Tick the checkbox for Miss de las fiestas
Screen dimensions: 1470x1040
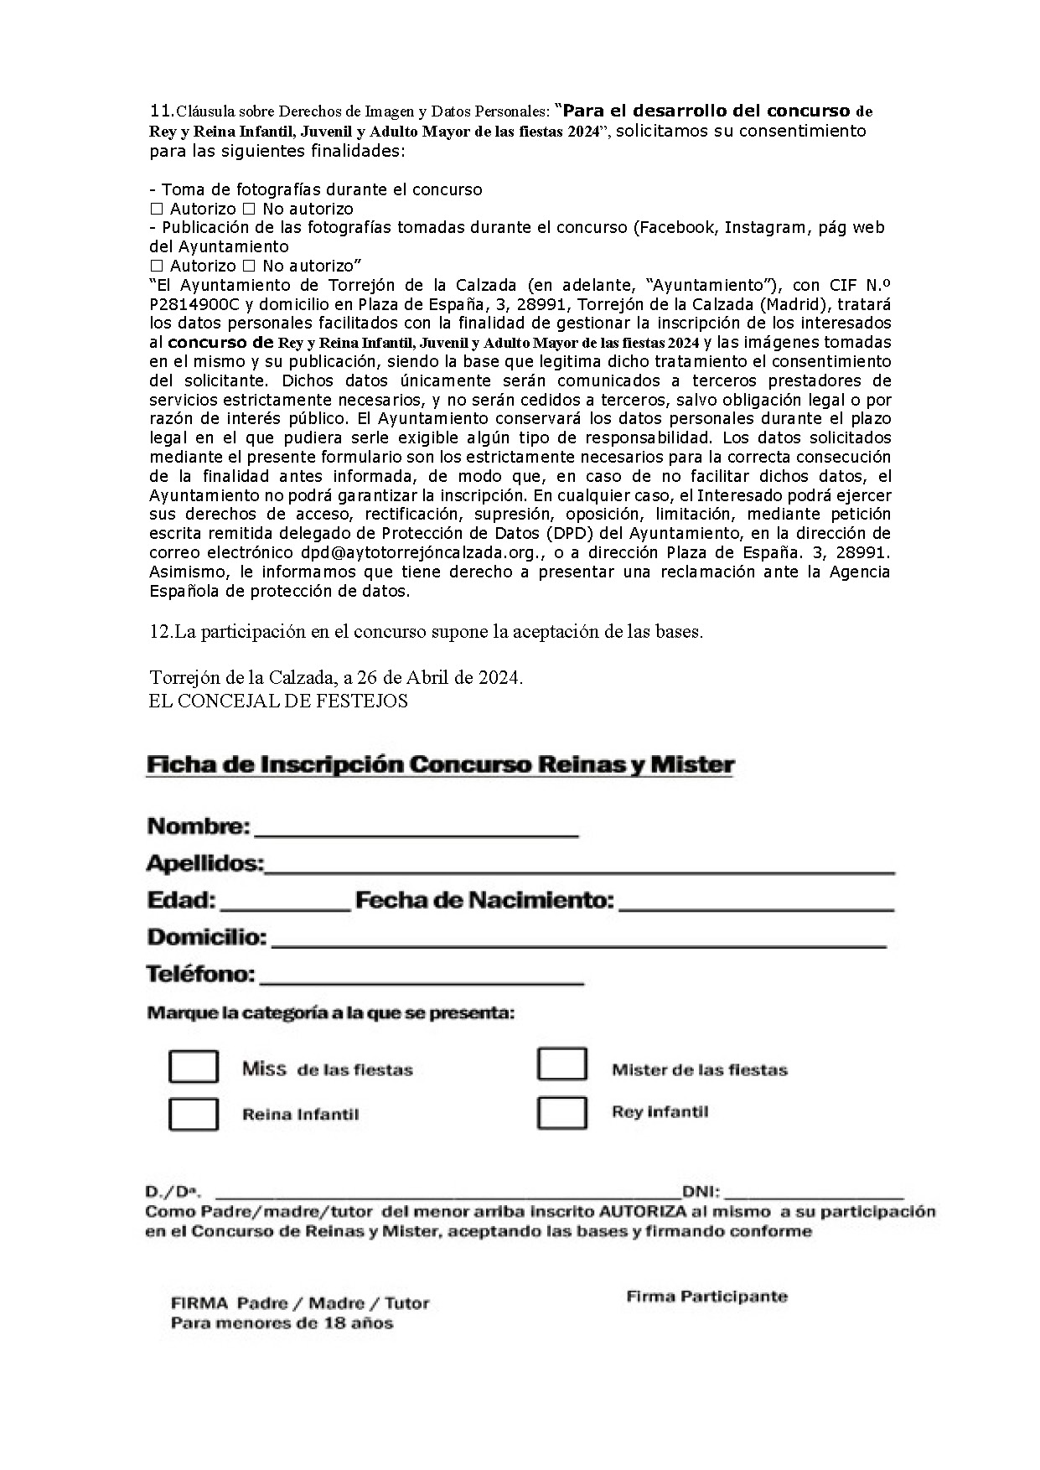(194, 1066)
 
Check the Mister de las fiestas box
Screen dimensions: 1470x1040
(561, 1064)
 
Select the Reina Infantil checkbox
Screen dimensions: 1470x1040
(194, 1114)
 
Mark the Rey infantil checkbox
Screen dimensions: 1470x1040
(561, 1112)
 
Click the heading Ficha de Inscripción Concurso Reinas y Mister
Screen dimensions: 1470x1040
(440, 765)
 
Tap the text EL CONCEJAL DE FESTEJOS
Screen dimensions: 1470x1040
(278, 701)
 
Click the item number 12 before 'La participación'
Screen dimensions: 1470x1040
(159, 632)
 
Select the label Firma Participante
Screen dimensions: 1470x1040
(706, 1297)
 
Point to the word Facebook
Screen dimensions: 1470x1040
(676, 227)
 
